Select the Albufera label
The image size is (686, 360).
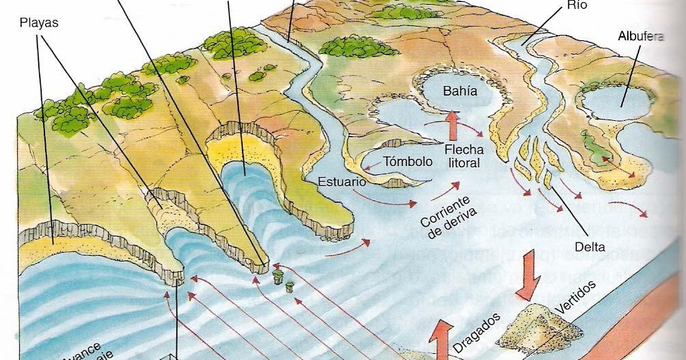[x=640, y=36]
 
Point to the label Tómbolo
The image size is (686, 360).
[x=408, y=162]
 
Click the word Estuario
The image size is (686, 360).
[x=342, y=182]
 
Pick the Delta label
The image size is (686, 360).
[x=590, y=247]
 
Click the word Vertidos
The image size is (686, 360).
[x=575, y=296]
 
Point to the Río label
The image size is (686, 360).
[x=576, y=5]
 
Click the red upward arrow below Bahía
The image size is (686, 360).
[x=452, y=126]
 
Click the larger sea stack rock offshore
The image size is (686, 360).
[x=277, y=277]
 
